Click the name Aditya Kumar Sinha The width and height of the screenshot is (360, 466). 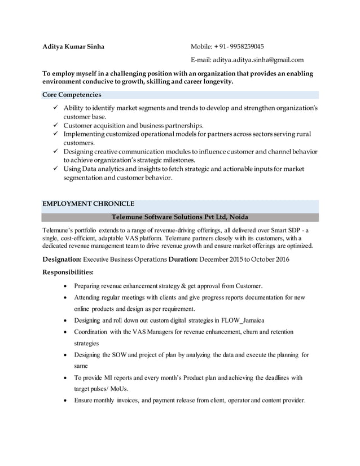[73, 46]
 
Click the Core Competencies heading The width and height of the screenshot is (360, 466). [72, 95]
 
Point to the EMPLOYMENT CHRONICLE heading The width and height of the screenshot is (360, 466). [89, 204]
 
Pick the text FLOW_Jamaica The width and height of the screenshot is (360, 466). [239, 320]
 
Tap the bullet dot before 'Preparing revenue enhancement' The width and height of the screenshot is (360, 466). [68, 286]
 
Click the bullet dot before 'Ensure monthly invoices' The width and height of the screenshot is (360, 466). [68, 401]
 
